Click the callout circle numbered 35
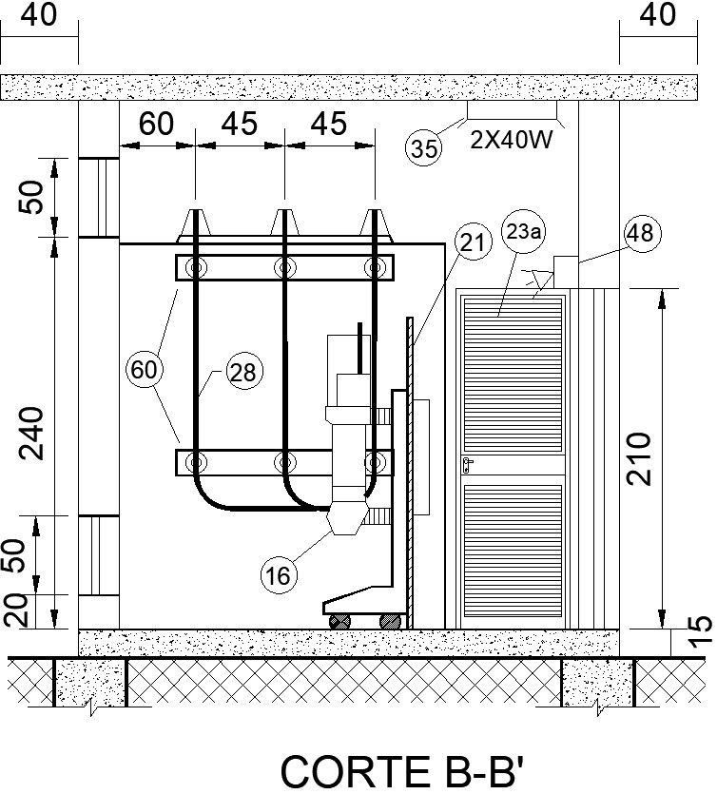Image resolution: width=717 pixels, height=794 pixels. click(x=424, y=149)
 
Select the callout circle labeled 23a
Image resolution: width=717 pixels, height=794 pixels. click(x=519, y=229)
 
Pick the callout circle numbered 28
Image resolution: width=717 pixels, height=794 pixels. click(x=243, y=374)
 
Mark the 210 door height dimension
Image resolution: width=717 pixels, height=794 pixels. click(x=643, y=458)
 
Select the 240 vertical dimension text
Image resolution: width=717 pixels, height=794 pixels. click(x=34, y=433)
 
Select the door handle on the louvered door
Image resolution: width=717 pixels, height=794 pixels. click(x=468, y=464)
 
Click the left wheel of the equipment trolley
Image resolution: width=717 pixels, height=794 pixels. click(x=339, y=620)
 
